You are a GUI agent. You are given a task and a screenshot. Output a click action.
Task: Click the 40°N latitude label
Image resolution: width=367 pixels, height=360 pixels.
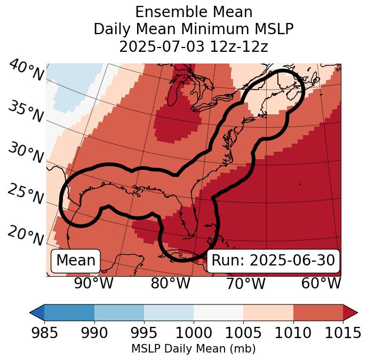pyautogui.click(x=26, y=71)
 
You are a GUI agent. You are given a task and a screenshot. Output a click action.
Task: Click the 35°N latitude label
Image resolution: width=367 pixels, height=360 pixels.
pyautogui.click(x=26, y=111)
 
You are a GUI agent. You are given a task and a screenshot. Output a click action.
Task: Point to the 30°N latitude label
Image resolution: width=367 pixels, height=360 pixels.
pyautogui.click(x=26, y=153)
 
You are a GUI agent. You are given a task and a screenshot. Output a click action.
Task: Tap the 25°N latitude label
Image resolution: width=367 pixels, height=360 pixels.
pyautogui.click(x=26, y=194)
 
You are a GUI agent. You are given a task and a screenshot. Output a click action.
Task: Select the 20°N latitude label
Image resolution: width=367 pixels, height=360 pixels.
pyautogui.click(x=26, y=235)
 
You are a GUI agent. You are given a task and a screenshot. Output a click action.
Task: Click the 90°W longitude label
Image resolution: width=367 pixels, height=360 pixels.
pyautogui.click(x=93, y=283)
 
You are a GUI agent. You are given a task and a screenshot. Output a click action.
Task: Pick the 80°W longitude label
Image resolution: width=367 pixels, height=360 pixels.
pyautogui.click(x=171, y=283)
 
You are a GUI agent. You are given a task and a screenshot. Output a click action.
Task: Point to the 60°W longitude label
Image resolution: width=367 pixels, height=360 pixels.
pyautogui.click(x=321, y=283)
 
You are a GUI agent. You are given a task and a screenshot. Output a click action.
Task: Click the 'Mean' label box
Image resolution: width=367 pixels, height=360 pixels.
pyautogui.click(x=76, y=261)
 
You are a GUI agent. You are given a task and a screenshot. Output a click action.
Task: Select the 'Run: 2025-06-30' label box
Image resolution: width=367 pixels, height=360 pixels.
pyautogui.click(x=273, y=261)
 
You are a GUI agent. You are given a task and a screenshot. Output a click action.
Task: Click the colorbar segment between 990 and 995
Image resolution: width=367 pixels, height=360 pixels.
pyautogui.click(x=119, y=312)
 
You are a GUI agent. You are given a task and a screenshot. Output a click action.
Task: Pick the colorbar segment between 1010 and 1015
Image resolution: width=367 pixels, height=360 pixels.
pyautogui.click(x=318, y=312)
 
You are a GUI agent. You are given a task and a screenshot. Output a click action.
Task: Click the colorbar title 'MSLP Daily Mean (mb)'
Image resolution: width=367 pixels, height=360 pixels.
pyautogui.click(x=193, y=349)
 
